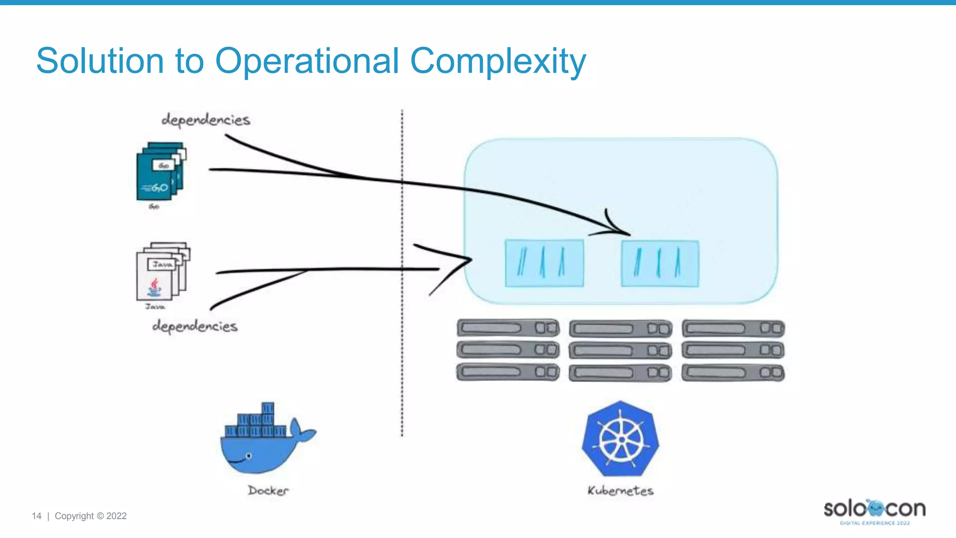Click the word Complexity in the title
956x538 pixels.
pos(498,61)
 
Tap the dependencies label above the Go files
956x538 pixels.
pos(206,120)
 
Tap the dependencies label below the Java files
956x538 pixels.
pos(195,326)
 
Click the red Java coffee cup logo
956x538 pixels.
pos(155,287)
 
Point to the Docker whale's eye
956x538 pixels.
pos(249,456)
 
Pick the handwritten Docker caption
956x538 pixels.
pos(268,490)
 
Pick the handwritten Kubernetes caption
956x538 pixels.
pos(620,490)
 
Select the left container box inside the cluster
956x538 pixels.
pos(544,263)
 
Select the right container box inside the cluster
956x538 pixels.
pos(660,263)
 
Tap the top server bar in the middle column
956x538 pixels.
pos(620,329)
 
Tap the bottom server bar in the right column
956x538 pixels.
pos(733,373)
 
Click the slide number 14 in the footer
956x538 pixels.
pos(36,516)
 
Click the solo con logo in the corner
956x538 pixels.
pos(874,510)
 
